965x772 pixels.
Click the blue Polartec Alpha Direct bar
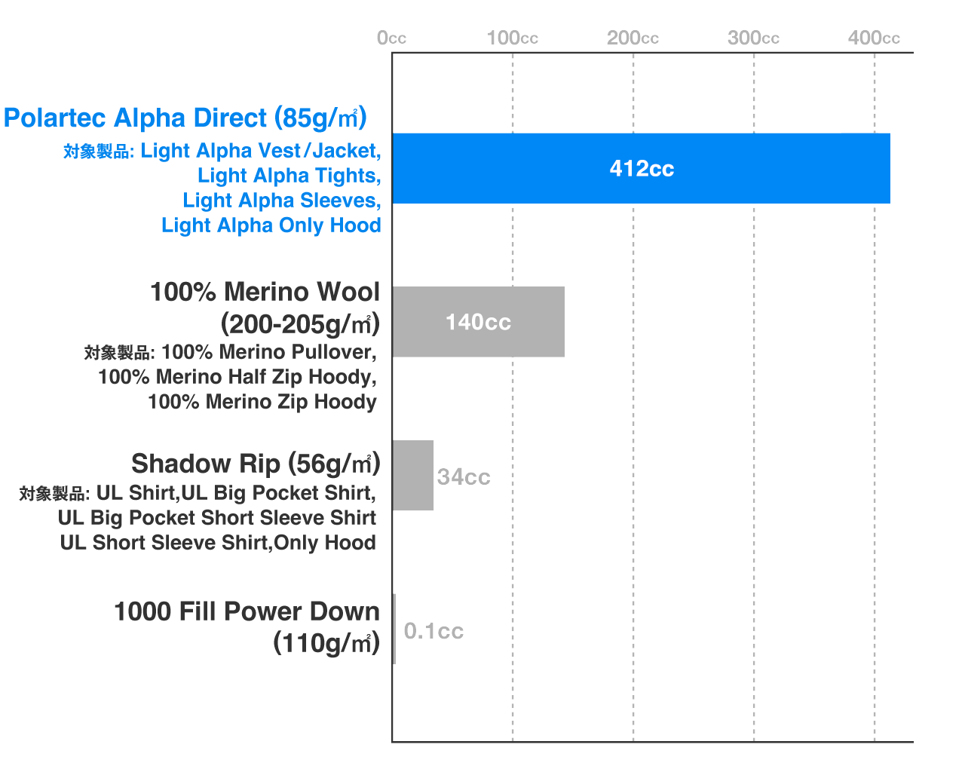pos(642,168)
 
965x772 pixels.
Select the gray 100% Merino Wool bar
pos(479,322)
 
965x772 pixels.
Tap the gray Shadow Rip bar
pos(413,476)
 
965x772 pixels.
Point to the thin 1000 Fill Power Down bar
pos(394,629)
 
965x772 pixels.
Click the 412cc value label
pos(642,169)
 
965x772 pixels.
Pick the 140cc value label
pos(479,322)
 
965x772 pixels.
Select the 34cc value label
pos(464,476)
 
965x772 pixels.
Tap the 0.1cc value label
pos(433,631)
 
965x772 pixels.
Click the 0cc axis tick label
pos(391,38)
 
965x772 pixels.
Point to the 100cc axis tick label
pos(513,38)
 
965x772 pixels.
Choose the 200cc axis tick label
pos(633,38)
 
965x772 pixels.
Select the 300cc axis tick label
pos(753,38)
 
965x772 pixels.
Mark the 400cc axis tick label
pos(874,38)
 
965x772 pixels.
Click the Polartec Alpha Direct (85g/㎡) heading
pos(185,118)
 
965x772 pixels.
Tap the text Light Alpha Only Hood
pos(271,225)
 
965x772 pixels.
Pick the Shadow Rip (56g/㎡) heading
pos(256,464)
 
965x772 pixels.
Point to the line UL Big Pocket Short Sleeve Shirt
pos(217,518)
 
